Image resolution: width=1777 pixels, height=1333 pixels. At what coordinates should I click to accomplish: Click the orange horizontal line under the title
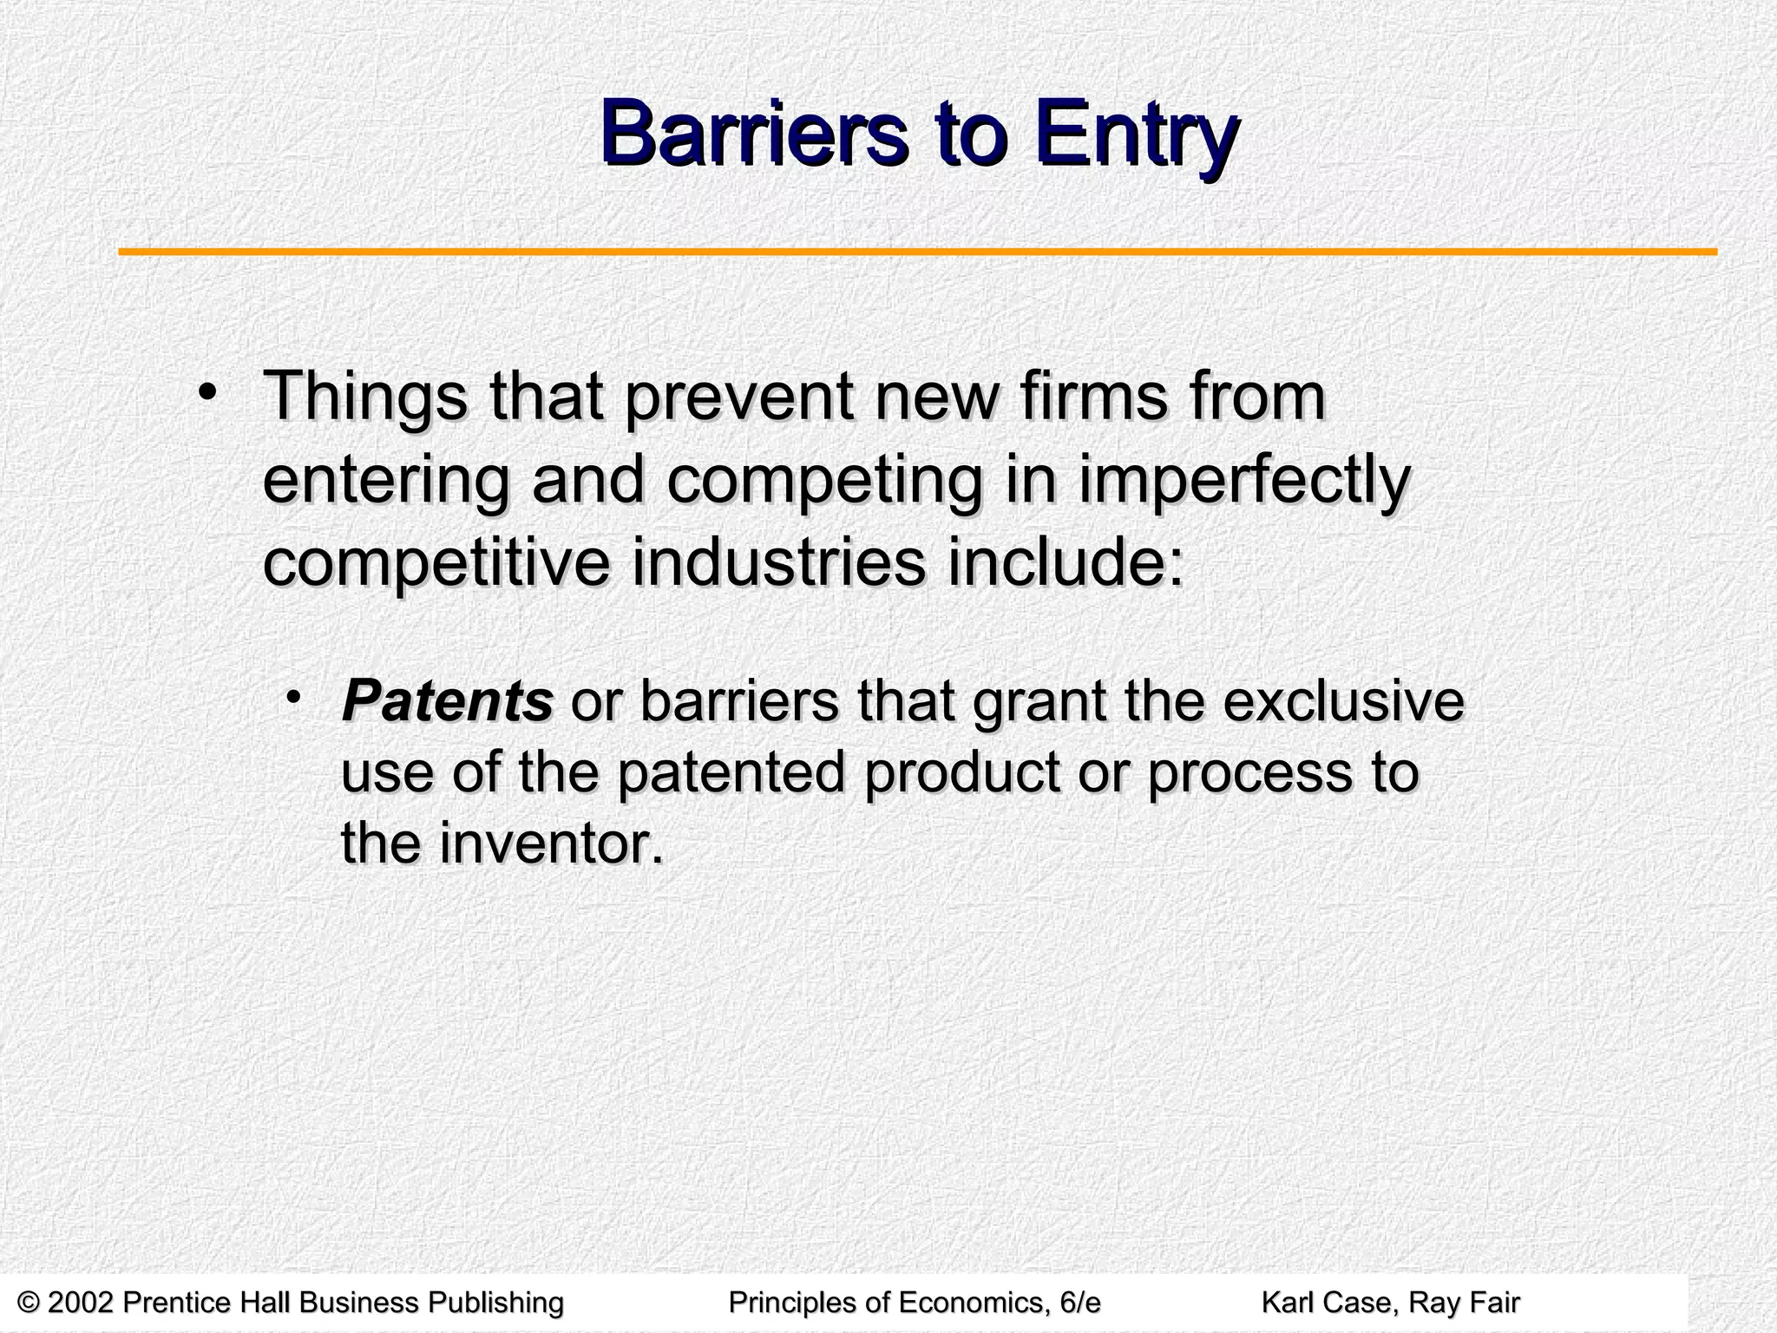[917, 253]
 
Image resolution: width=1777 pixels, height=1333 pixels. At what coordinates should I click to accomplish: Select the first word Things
[364, 398]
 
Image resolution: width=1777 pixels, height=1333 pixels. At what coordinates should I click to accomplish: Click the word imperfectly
[1244, 483]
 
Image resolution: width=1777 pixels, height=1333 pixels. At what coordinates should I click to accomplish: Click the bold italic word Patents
[447, 701]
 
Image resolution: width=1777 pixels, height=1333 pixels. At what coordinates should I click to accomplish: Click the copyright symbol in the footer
[29, 1303]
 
